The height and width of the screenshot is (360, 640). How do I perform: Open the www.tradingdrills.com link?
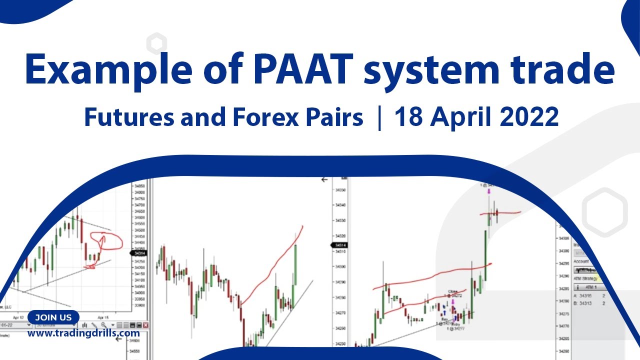click(83, 333)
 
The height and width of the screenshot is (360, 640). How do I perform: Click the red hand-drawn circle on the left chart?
click(106, 241)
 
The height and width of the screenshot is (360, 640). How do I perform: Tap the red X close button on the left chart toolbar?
click(145, 325)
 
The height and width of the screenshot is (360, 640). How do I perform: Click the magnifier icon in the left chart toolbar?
click(103, 325)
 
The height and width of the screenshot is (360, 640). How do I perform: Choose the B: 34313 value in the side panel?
click(584, 303)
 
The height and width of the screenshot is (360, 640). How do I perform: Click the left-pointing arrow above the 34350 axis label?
click(324, 179)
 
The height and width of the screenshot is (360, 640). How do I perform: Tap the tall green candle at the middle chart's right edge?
click(295, 265)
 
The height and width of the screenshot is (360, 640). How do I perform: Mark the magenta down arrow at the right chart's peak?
click(489, 191)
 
